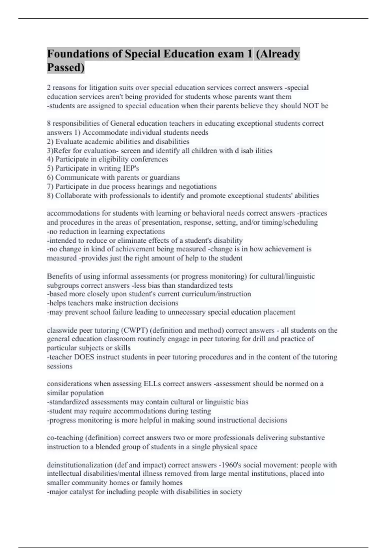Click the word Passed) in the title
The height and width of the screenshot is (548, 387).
(x=66, y=68)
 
